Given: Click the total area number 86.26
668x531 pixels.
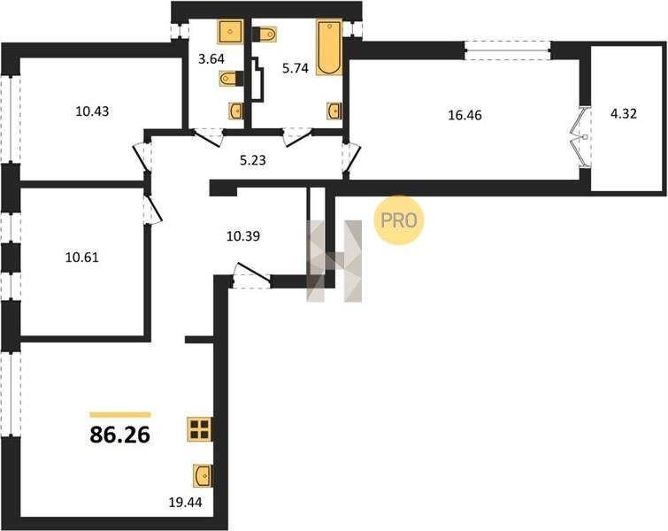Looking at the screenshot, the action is point(120,435).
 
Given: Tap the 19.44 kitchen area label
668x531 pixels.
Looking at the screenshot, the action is point(185,503).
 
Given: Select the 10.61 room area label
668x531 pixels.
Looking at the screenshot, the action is point(81,258).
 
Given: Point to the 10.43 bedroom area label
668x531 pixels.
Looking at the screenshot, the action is point(92,112).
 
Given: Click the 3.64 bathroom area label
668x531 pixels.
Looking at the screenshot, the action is point(211,58).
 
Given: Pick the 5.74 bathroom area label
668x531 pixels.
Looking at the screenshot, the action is point(296,68).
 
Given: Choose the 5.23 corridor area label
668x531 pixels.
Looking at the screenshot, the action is point(253,160).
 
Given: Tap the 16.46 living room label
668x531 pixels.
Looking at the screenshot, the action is point(465,115).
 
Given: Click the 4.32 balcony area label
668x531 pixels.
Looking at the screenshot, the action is point(624,114).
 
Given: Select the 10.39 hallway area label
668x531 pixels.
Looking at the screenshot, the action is point(242,235).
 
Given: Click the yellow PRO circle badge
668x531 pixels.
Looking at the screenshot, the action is point(399,220).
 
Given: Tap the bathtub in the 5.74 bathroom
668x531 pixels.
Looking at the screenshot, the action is point(329,47).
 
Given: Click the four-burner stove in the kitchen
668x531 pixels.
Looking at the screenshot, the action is point(199,428).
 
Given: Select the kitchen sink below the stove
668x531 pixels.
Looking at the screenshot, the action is point(203,475).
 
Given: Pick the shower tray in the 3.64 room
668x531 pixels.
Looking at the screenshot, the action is point(230,31).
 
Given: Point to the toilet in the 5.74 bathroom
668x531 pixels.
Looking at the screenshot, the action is point(265,35).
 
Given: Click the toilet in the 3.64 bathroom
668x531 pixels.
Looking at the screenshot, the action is point(231,79).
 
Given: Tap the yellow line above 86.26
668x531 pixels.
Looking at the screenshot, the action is point(120,415).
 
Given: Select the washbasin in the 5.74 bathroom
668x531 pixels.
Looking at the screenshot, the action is point(334,111).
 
